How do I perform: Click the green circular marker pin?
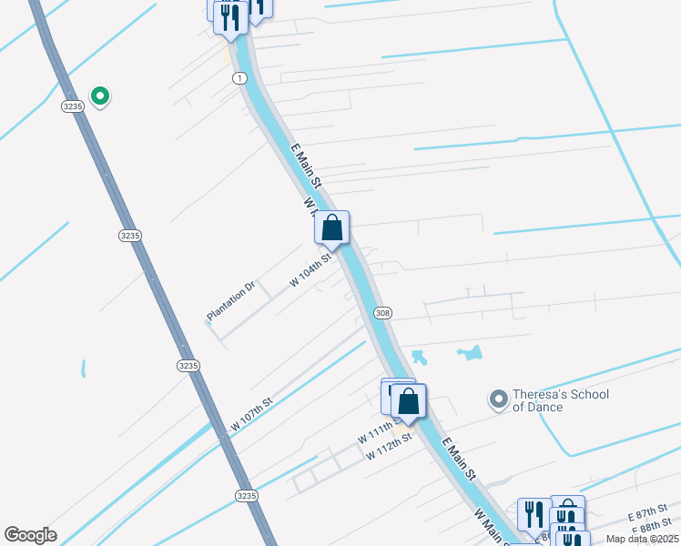100,95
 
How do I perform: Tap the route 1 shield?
239,79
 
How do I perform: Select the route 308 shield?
382,313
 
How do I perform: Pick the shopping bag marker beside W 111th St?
409,401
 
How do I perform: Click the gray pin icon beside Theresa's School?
498,399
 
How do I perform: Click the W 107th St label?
251,414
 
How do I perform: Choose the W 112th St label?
390,446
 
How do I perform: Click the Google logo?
30,535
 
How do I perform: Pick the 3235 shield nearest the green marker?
73,106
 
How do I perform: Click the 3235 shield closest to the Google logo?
246,496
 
